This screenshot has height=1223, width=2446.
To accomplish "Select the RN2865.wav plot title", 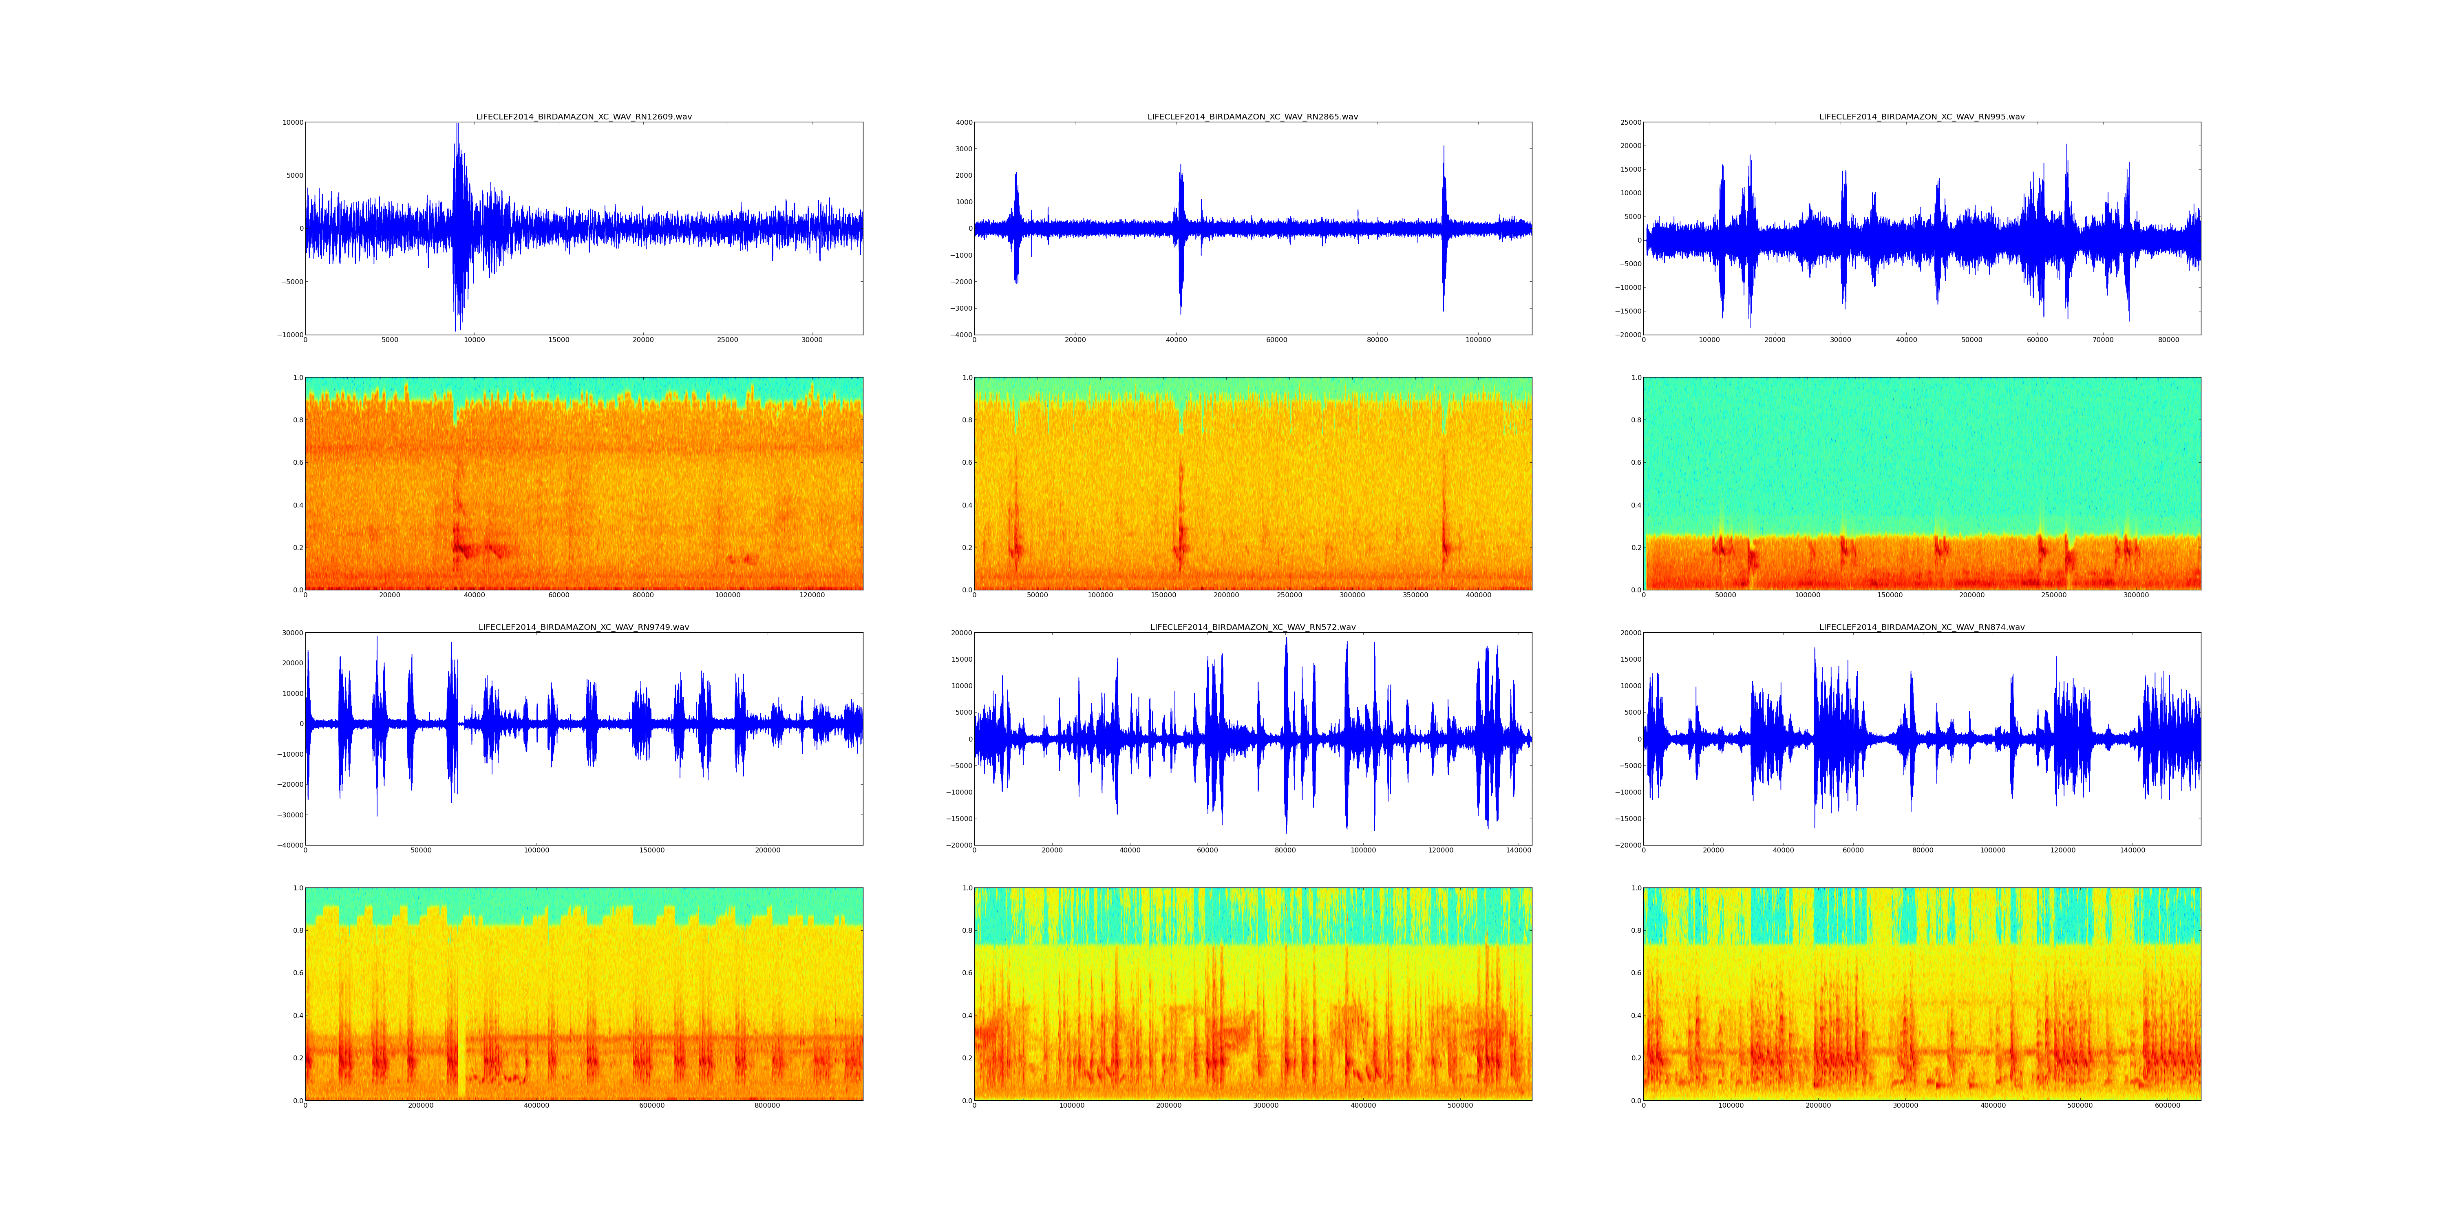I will click(1252, 117).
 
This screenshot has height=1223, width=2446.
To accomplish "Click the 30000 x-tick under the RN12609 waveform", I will click(812, 340).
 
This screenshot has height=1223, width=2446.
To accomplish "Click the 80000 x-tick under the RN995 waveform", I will click(2169, 340).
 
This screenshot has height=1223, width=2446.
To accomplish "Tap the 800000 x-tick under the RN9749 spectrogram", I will click(767, 1105).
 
